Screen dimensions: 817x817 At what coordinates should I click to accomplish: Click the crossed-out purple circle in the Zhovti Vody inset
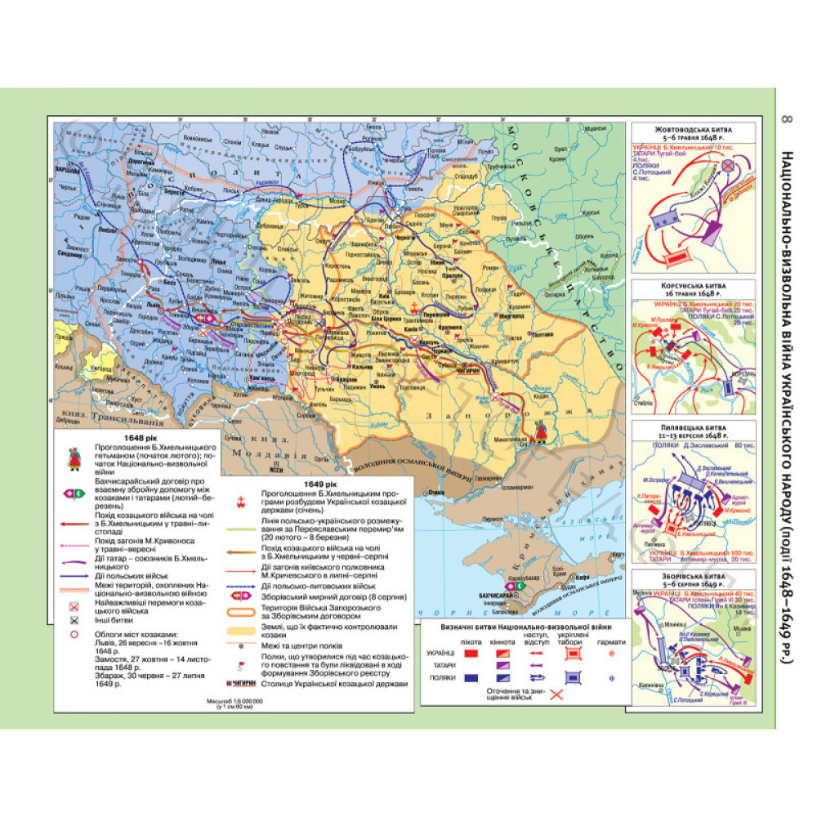tap(746, 166)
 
